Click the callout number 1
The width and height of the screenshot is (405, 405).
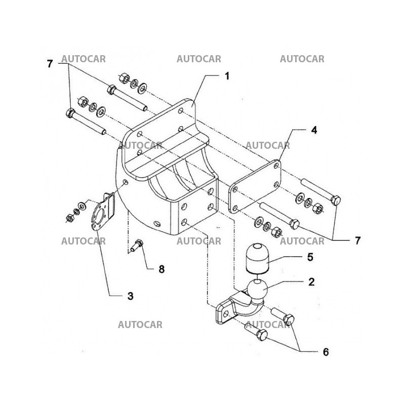[227, 76]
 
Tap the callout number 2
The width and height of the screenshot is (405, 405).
[312, 282]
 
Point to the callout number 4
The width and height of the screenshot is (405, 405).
[314, 130]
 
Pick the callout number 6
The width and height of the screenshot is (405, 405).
[326, 351]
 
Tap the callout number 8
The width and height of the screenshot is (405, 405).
[161, 269]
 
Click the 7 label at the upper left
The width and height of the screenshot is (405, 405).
[50, 64]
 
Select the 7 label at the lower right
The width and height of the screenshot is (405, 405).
[357, 240]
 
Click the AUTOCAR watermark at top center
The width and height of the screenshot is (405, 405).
[198, 59]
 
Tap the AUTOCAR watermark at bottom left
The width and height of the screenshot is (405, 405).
[140, 325]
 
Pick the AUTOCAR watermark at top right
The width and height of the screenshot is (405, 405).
[302, 59]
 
